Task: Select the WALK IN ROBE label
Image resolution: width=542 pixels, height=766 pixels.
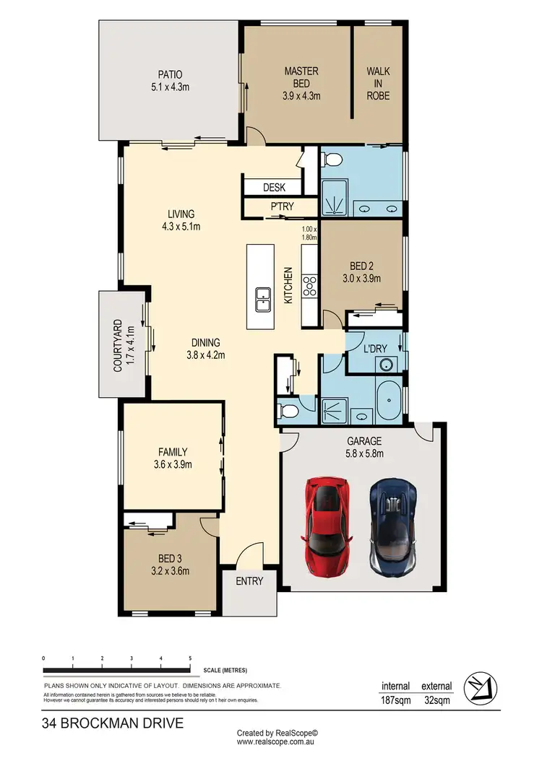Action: tap(378, 83)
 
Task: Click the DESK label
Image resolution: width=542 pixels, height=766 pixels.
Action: tap(274, 188)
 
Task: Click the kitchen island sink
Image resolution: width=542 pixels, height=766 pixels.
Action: tap(262, 297)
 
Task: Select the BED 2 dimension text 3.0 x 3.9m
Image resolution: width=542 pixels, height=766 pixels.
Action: tap(361, 278)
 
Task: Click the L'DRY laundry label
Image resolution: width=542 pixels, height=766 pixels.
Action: tap(375, 349)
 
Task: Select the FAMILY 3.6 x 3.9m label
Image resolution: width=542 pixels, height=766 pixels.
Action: tap(171, 458)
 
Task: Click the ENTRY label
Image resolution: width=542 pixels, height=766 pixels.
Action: tap(249, 580)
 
